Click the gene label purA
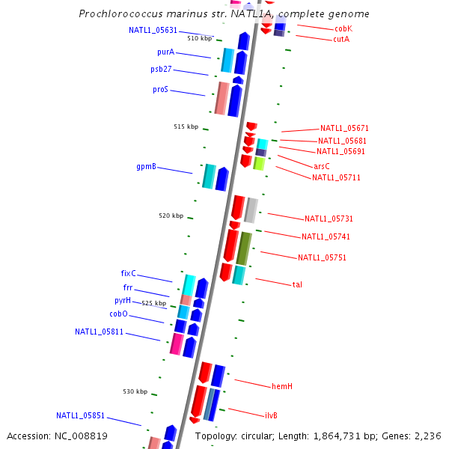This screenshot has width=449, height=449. tap(165, 52)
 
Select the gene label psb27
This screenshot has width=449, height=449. tap(161, 70)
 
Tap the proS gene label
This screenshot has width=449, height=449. tap(160, 90)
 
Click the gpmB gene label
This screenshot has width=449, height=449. tap(146, 166)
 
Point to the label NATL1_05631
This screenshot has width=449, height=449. tap(153, 31)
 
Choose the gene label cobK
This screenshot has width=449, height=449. tap(343, 28)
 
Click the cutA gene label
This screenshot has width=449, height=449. tap(341, 39)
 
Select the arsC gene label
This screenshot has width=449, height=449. tap(322, 166)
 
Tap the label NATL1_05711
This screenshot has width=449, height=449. tap(336, 177)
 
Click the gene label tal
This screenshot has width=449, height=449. tap(297, 284)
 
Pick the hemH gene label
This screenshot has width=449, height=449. tap(282, 386)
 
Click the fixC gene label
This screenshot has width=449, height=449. tap(128, 273)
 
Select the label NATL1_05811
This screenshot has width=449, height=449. tap(99, 332)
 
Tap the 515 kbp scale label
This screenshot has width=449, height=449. tap(186, 126)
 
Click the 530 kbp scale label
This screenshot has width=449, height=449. tap(135, 391)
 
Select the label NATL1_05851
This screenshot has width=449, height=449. tap(80, 415)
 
